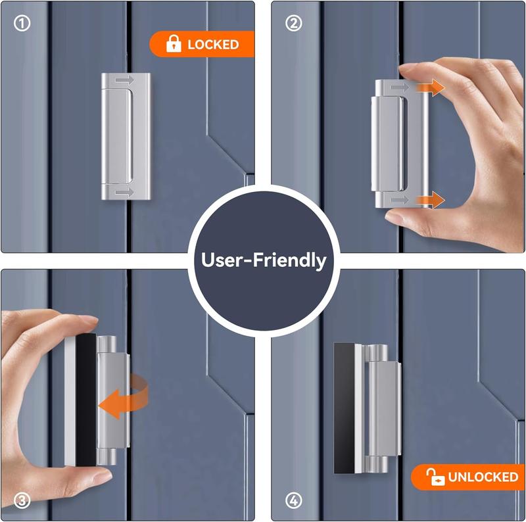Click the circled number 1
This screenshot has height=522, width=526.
pos(22,24)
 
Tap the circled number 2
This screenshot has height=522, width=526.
pos(293,24)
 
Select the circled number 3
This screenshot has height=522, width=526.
pos(22,500)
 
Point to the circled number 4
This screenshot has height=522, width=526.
pos(293,500)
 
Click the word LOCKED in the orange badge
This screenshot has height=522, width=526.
pos(213,44)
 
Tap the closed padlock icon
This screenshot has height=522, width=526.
pos(174,43)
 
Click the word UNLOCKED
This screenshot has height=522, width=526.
pos(483,477)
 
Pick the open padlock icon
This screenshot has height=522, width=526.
pos(435,477)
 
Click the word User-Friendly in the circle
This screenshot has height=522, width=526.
pos(264,260)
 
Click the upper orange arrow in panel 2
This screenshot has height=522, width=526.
pos(431,88)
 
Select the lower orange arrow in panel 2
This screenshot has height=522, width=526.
pos(431,200)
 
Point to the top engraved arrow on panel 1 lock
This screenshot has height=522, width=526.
pos(125,80)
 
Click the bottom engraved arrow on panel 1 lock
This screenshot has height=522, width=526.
pos(125,192)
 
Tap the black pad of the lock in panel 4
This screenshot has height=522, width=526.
pos(344,408)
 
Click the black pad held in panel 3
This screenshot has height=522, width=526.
pos(86,400)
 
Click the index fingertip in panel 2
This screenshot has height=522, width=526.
pos(408,70)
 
